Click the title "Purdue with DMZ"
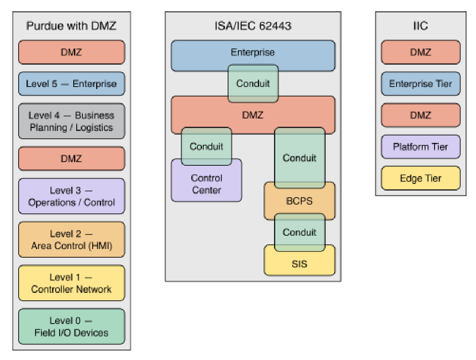[x=71, y=26]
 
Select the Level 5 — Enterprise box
[x=71, y=84]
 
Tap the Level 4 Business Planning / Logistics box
[x=71, y=121]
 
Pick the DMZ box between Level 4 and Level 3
[x=71, y=159]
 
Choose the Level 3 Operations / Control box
[x=71, y=196]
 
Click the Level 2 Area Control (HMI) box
[x=71, y=240]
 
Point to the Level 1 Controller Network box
[x=71, y=283]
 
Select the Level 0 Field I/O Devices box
[x=71, y=326]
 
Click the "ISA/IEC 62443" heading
[x=253, y=26]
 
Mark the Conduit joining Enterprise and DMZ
[x=253, y=84]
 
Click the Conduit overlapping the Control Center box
[x=207, y=146]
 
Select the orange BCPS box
[x=300, y=201]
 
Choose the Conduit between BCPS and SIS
[x=300, y=232]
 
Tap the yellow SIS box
[x=300, y=264]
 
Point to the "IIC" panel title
[x=421, y=26]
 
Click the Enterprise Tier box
[x=421, y=84]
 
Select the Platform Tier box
[x=421, y=147]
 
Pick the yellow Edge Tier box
[x=421, y=178]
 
